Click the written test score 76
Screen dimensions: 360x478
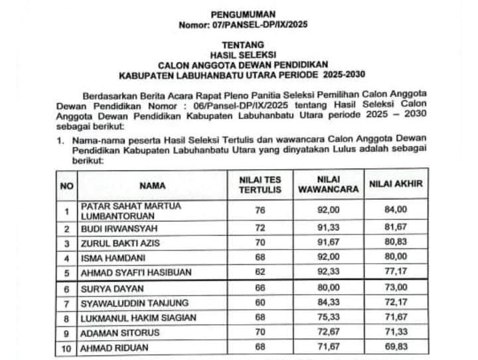(x=260, y=211)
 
